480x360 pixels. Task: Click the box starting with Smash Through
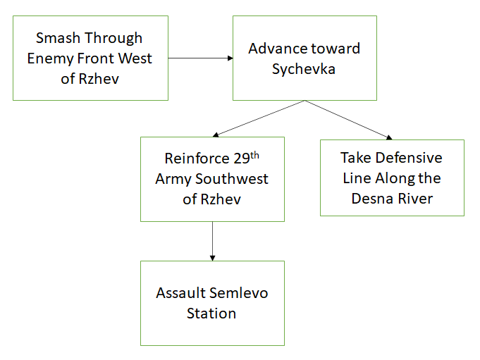[x=90, y=58]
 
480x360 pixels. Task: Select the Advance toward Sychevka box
[x=304, y=58]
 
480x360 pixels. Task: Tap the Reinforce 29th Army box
[x=212, y=179]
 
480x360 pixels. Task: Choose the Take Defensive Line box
[x=392, y=178]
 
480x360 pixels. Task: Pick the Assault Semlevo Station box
[x=212, y=303]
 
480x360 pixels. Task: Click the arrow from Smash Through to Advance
[x=200, y=58]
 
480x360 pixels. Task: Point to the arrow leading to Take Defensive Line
[x=348, y=119]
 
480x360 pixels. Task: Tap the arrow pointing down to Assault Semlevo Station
[x=212, y=241]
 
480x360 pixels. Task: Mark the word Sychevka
[x=304, y=70]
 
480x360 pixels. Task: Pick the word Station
[x=211, y=314]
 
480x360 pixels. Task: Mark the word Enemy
[x=50, y=58]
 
